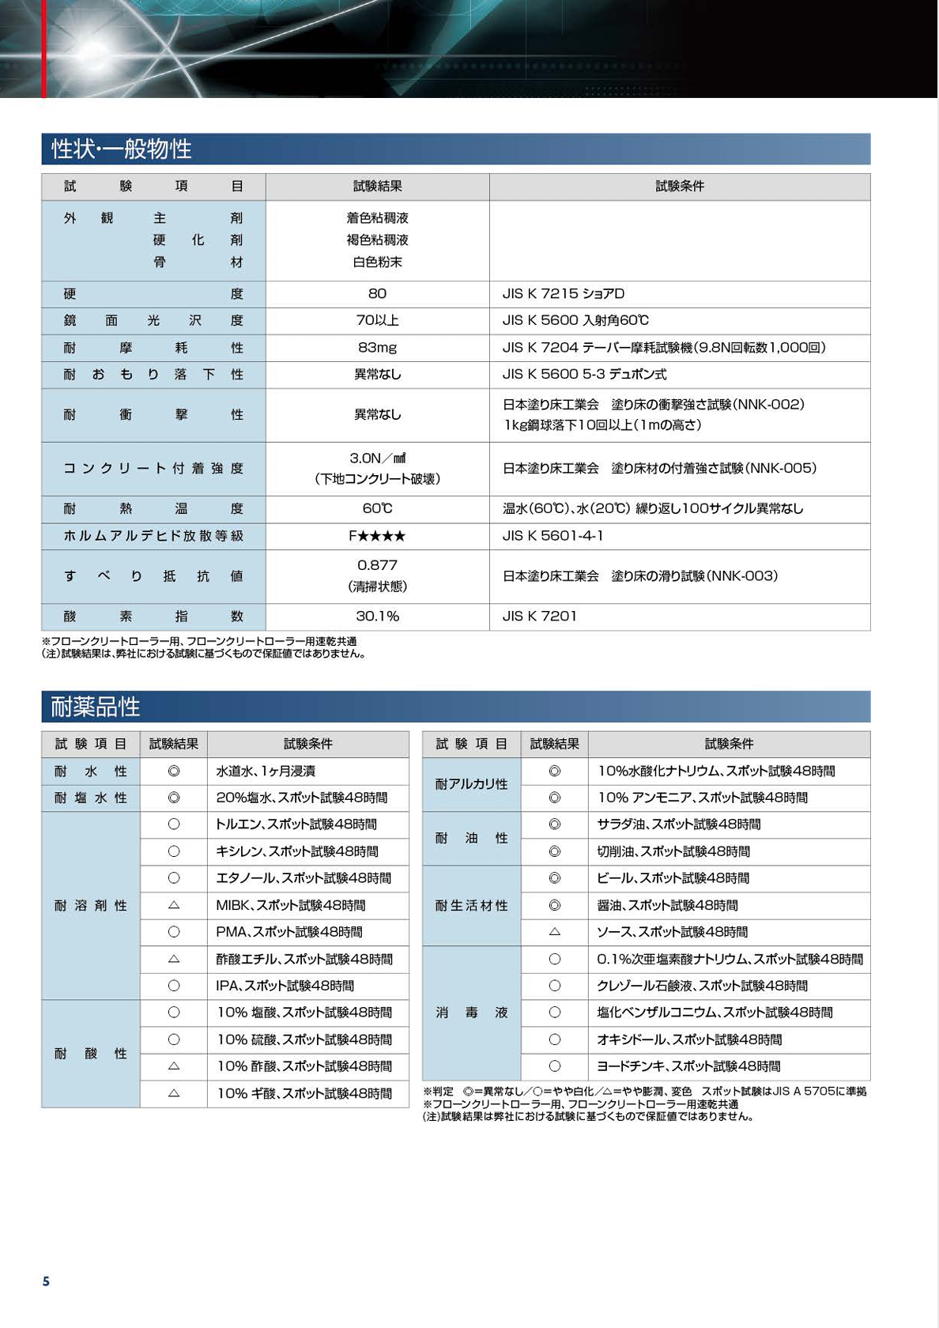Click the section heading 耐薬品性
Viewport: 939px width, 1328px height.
96,706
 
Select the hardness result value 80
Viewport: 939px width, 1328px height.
377,293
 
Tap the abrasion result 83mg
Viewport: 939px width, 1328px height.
377,347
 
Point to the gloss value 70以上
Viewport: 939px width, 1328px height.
377,320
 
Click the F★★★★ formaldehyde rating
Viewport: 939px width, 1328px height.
377,536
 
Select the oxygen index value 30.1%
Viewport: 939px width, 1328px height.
377,616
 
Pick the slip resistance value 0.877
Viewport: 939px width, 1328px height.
377,565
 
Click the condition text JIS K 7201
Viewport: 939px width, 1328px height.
540,616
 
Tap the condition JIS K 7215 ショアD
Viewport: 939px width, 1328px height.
564,293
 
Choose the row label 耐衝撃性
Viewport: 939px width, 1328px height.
153,414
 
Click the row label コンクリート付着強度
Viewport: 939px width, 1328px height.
153,468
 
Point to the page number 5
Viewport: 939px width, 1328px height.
46,1281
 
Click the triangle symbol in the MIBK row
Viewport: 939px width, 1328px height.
174,905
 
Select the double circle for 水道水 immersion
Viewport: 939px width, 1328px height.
174,771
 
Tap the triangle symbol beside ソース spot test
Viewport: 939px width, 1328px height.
555,932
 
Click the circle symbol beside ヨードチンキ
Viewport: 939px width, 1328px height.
555,1066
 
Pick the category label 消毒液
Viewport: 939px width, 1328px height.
472,1013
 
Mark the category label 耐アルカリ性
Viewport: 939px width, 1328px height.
472,784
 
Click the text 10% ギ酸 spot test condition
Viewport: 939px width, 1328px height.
304,1093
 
